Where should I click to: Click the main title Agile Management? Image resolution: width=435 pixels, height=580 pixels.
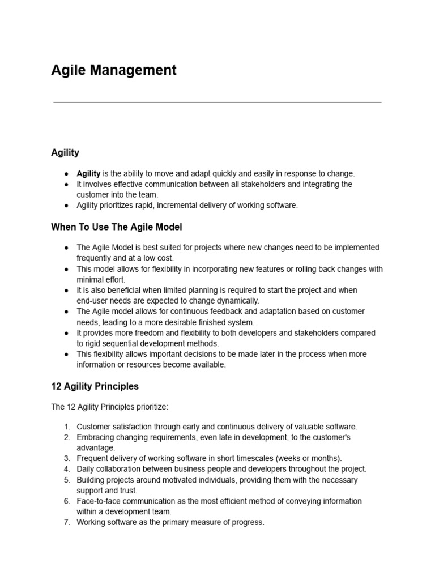[x=114, y=70]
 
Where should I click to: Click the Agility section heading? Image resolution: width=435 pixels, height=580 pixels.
[x=65, y=152]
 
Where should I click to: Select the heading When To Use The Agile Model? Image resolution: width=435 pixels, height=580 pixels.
[x=117, y=227]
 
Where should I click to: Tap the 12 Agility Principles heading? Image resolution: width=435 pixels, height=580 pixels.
[x=95, y=386]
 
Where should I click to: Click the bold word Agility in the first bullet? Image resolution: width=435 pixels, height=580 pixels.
[x=88, y=174]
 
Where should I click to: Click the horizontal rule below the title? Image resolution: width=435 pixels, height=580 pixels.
[x=217, y=103]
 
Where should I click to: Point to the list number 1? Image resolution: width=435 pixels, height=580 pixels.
[x=66, y=427]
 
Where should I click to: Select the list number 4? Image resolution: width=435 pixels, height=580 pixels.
[x=66, y=469]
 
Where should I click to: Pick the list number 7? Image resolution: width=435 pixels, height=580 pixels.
[x=66, y=522]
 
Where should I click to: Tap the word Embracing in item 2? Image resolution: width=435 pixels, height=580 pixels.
[x=95, y=437]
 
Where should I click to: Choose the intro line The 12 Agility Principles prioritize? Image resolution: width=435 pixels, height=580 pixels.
[x=110, y=407]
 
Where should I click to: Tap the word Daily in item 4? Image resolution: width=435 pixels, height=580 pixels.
[x=86, y=469]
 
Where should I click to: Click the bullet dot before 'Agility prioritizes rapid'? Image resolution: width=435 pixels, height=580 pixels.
[x=66, y=206]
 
